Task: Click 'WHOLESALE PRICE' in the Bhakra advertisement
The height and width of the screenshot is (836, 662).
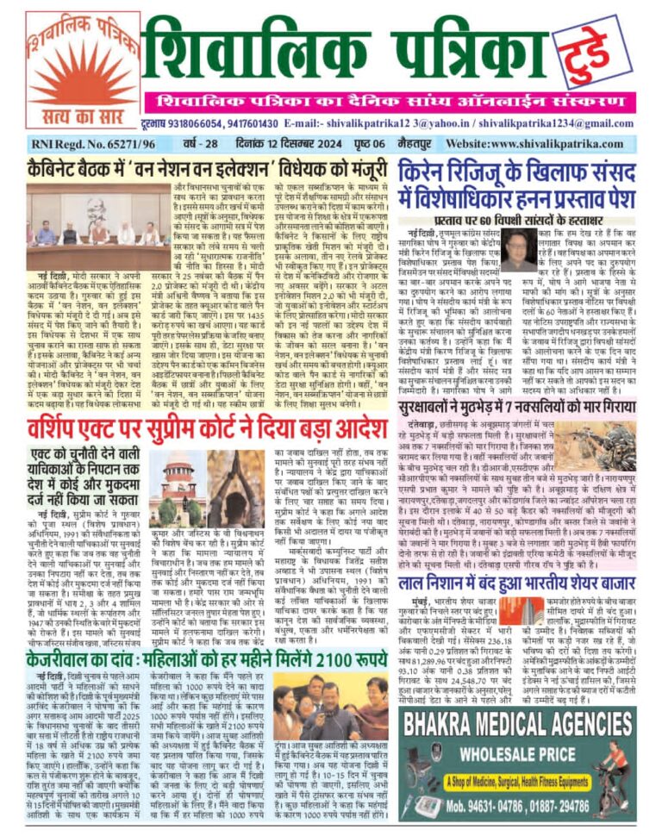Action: coord(518,742)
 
